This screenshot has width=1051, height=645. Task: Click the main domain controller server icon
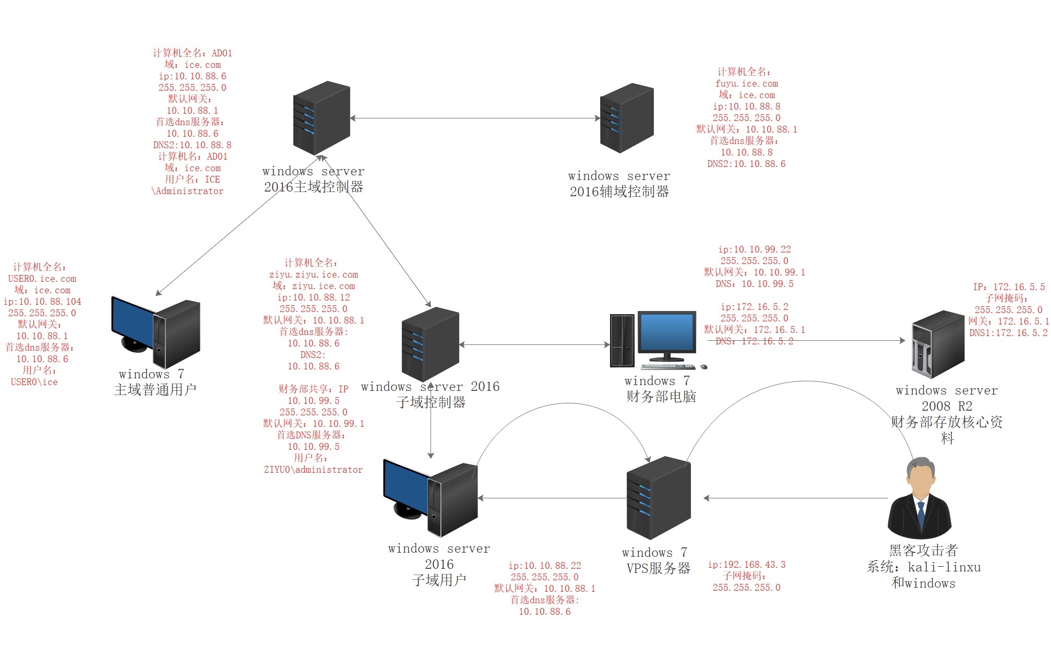click(x=321, y=117)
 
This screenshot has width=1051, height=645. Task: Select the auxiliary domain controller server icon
click(x=627, y=118)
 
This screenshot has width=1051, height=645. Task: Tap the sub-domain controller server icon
click(x=430, y=344)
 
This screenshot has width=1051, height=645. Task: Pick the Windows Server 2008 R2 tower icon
click(x=938, y=344)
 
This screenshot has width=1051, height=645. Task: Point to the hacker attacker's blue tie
click(x=921, y=515)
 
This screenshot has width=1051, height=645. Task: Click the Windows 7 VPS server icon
click(x=659, y=498)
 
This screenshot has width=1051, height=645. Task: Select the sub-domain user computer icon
click(x=431, y=498)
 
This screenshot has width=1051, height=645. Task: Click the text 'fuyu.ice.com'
click(x=746, y=83)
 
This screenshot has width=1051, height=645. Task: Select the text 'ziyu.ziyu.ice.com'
click(x=314, y=274)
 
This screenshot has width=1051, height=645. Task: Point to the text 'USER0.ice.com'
click(x=42, y=279)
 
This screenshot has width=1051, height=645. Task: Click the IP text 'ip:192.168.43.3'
click(x=746, y=565)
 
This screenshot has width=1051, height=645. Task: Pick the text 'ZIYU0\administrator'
click(x=313, y=470)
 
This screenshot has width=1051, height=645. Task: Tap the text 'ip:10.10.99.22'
click(x=754, y=249)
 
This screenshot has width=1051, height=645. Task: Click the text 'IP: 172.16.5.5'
click(x=1009, y=287)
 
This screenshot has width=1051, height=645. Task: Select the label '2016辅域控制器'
click(x=619, y=192)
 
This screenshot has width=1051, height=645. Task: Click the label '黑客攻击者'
click(x=923, y=551)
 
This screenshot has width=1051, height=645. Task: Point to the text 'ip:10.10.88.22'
click(x=544, y=566)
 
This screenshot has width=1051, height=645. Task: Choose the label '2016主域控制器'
click(x=313, y=187)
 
